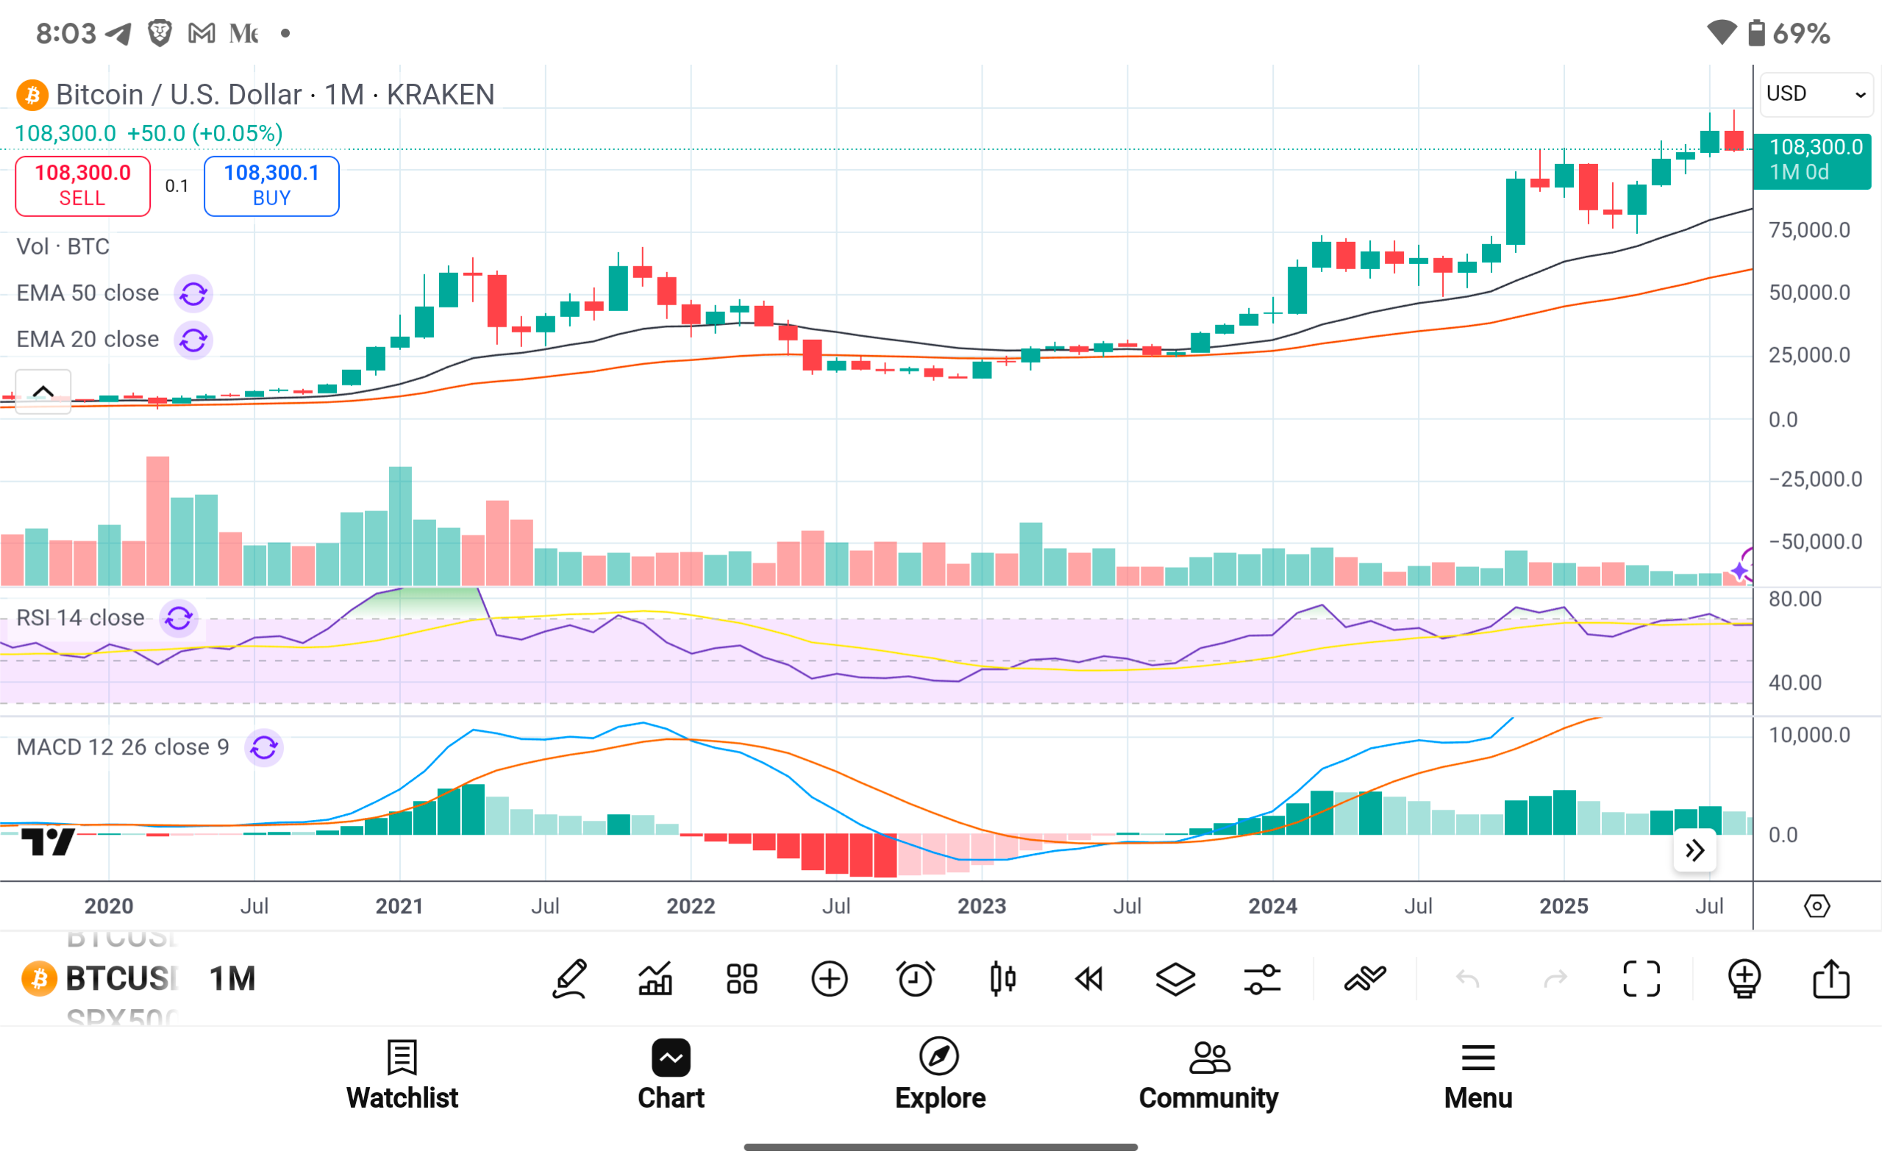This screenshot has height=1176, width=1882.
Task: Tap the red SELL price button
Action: (82, 185)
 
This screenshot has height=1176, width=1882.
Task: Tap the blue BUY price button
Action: (271, 185)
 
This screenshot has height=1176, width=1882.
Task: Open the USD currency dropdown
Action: (1816, 94)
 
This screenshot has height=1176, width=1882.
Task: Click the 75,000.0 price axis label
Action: (1809, 230)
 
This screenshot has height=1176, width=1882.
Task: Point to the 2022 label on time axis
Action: (691, 906)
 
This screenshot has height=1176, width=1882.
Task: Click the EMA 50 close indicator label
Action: (88, 293)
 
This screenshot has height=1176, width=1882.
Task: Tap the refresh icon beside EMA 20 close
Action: (193, 340)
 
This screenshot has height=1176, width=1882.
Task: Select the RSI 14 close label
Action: (80, 618)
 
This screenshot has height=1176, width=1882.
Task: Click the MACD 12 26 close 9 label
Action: (123, 747)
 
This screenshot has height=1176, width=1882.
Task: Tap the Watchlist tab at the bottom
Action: (402, 1075)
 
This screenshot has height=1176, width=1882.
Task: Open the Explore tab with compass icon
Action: (939, 1075)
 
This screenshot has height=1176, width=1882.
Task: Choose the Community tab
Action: (1208, 1075)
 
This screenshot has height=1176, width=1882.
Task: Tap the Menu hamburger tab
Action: (1478, 1075)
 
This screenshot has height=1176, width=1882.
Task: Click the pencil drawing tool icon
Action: (569, 978)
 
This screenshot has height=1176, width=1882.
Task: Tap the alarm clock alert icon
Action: (916, 978)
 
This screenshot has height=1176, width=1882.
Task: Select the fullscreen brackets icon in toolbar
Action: (1641, 978)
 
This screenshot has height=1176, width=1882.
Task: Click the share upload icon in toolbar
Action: (1831, 978)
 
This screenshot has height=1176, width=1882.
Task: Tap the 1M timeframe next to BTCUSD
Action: (232, 978)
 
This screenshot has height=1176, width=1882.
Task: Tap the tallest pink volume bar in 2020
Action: (158, 521)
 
